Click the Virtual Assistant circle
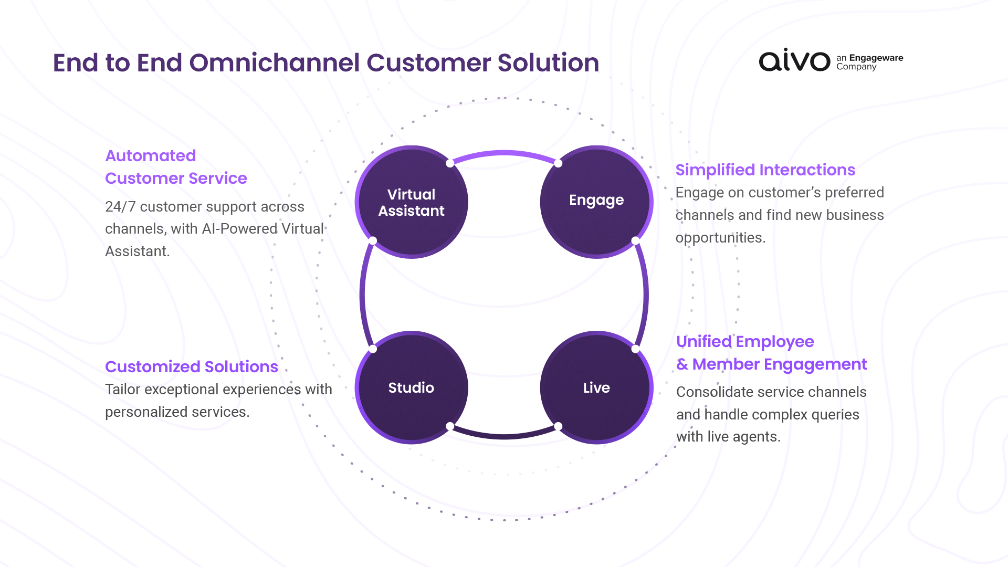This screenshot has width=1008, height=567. [x=412, y=202]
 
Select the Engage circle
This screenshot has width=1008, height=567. [x=596, y=202]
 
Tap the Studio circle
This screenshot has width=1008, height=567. [x=412, y=387]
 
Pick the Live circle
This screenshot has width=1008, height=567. [x=596, y=387]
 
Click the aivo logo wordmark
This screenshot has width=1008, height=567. [x=794, y=60]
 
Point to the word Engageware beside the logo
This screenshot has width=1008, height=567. [x=876, y=58]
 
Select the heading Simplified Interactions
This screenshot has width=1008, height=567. [x=765, y=170]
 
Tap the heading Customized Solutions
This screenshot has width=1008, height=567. [x=192, y=366]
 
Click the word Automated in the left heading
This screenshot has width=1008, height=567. [x=151, y=155]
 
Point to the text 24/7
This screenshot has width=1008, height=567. [x=120, y=206]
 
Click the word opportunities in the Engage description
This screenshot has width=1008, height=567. [x=720, y=238]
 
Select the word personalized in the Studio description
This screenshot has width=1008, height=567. [x=139, y=412]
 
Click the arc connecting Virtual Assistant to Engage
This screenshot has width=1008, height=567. [x=504, y=153]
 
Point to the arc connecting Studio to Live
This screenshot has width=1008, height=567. [x=504, y=436]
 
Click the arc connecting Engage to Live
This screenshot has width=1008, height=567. [x=645, y=295]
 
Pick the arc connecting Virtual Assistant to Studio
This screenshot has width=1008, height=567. [x=362, y=295]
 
